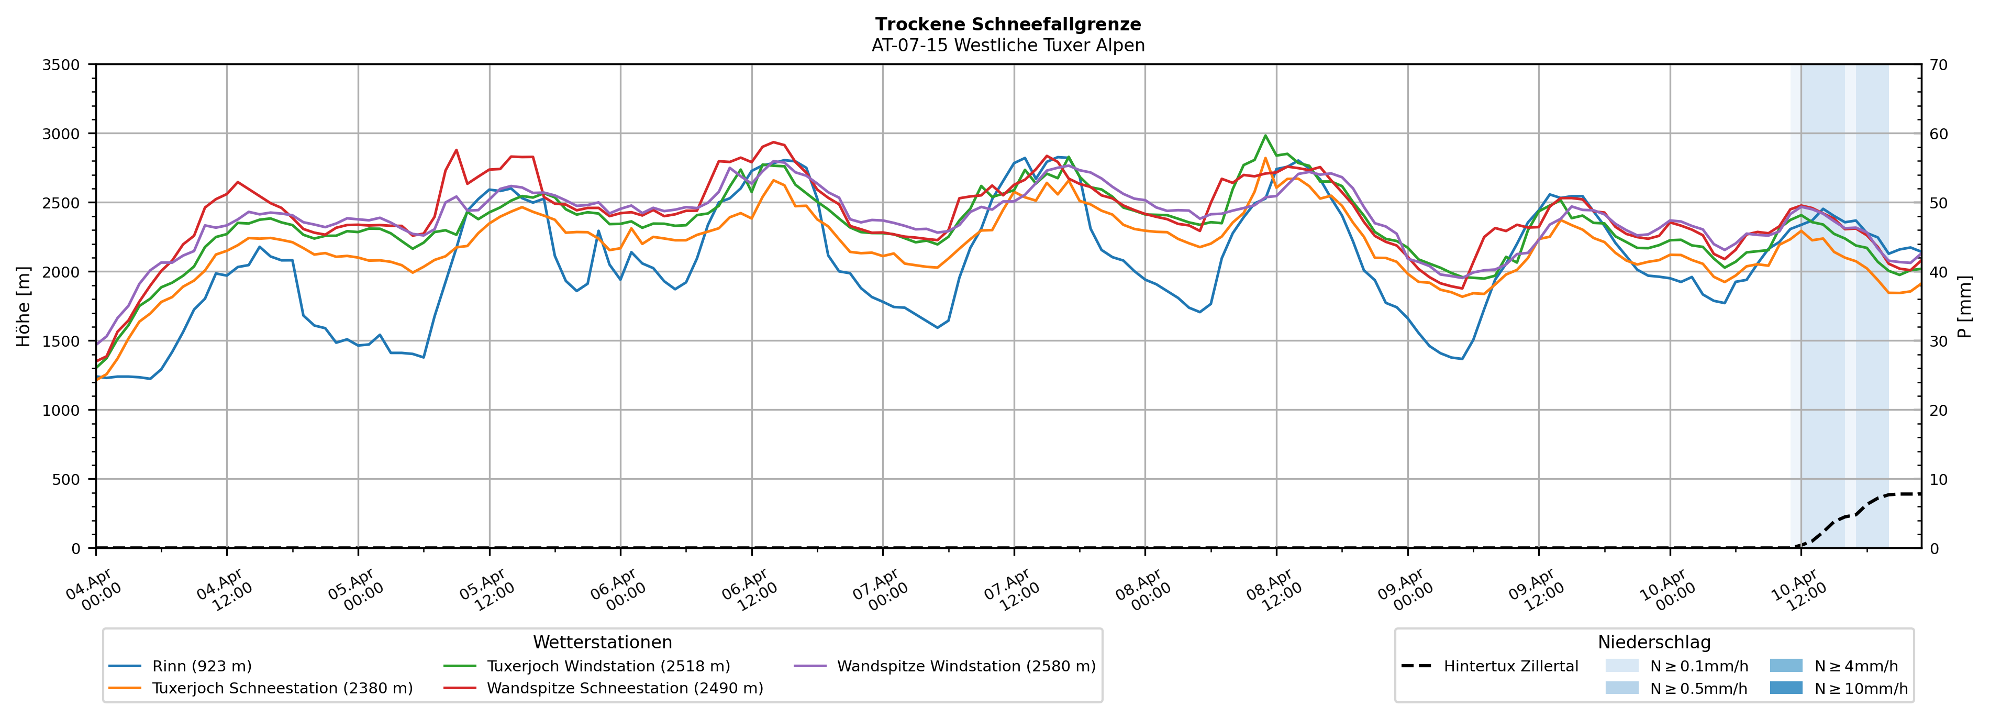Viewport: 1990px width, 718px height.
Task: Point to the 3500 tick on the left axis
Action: pyautogui.click(x=61, y=65)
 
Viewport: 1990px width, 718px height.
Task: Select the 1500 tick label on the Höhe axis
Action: pyautogui.click(x=61, y=341)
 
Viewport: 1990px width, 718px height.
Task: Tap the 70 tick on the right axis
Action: pyautogui.click(x=1938, y=65)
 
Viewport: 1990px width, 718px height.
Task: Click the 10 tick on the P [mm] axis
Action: pyautogui.click(x=1938, y=479)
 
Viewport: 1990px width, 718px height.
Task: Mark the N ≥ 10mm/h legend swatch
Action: pyautogui.click(x=1785, y=688)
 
